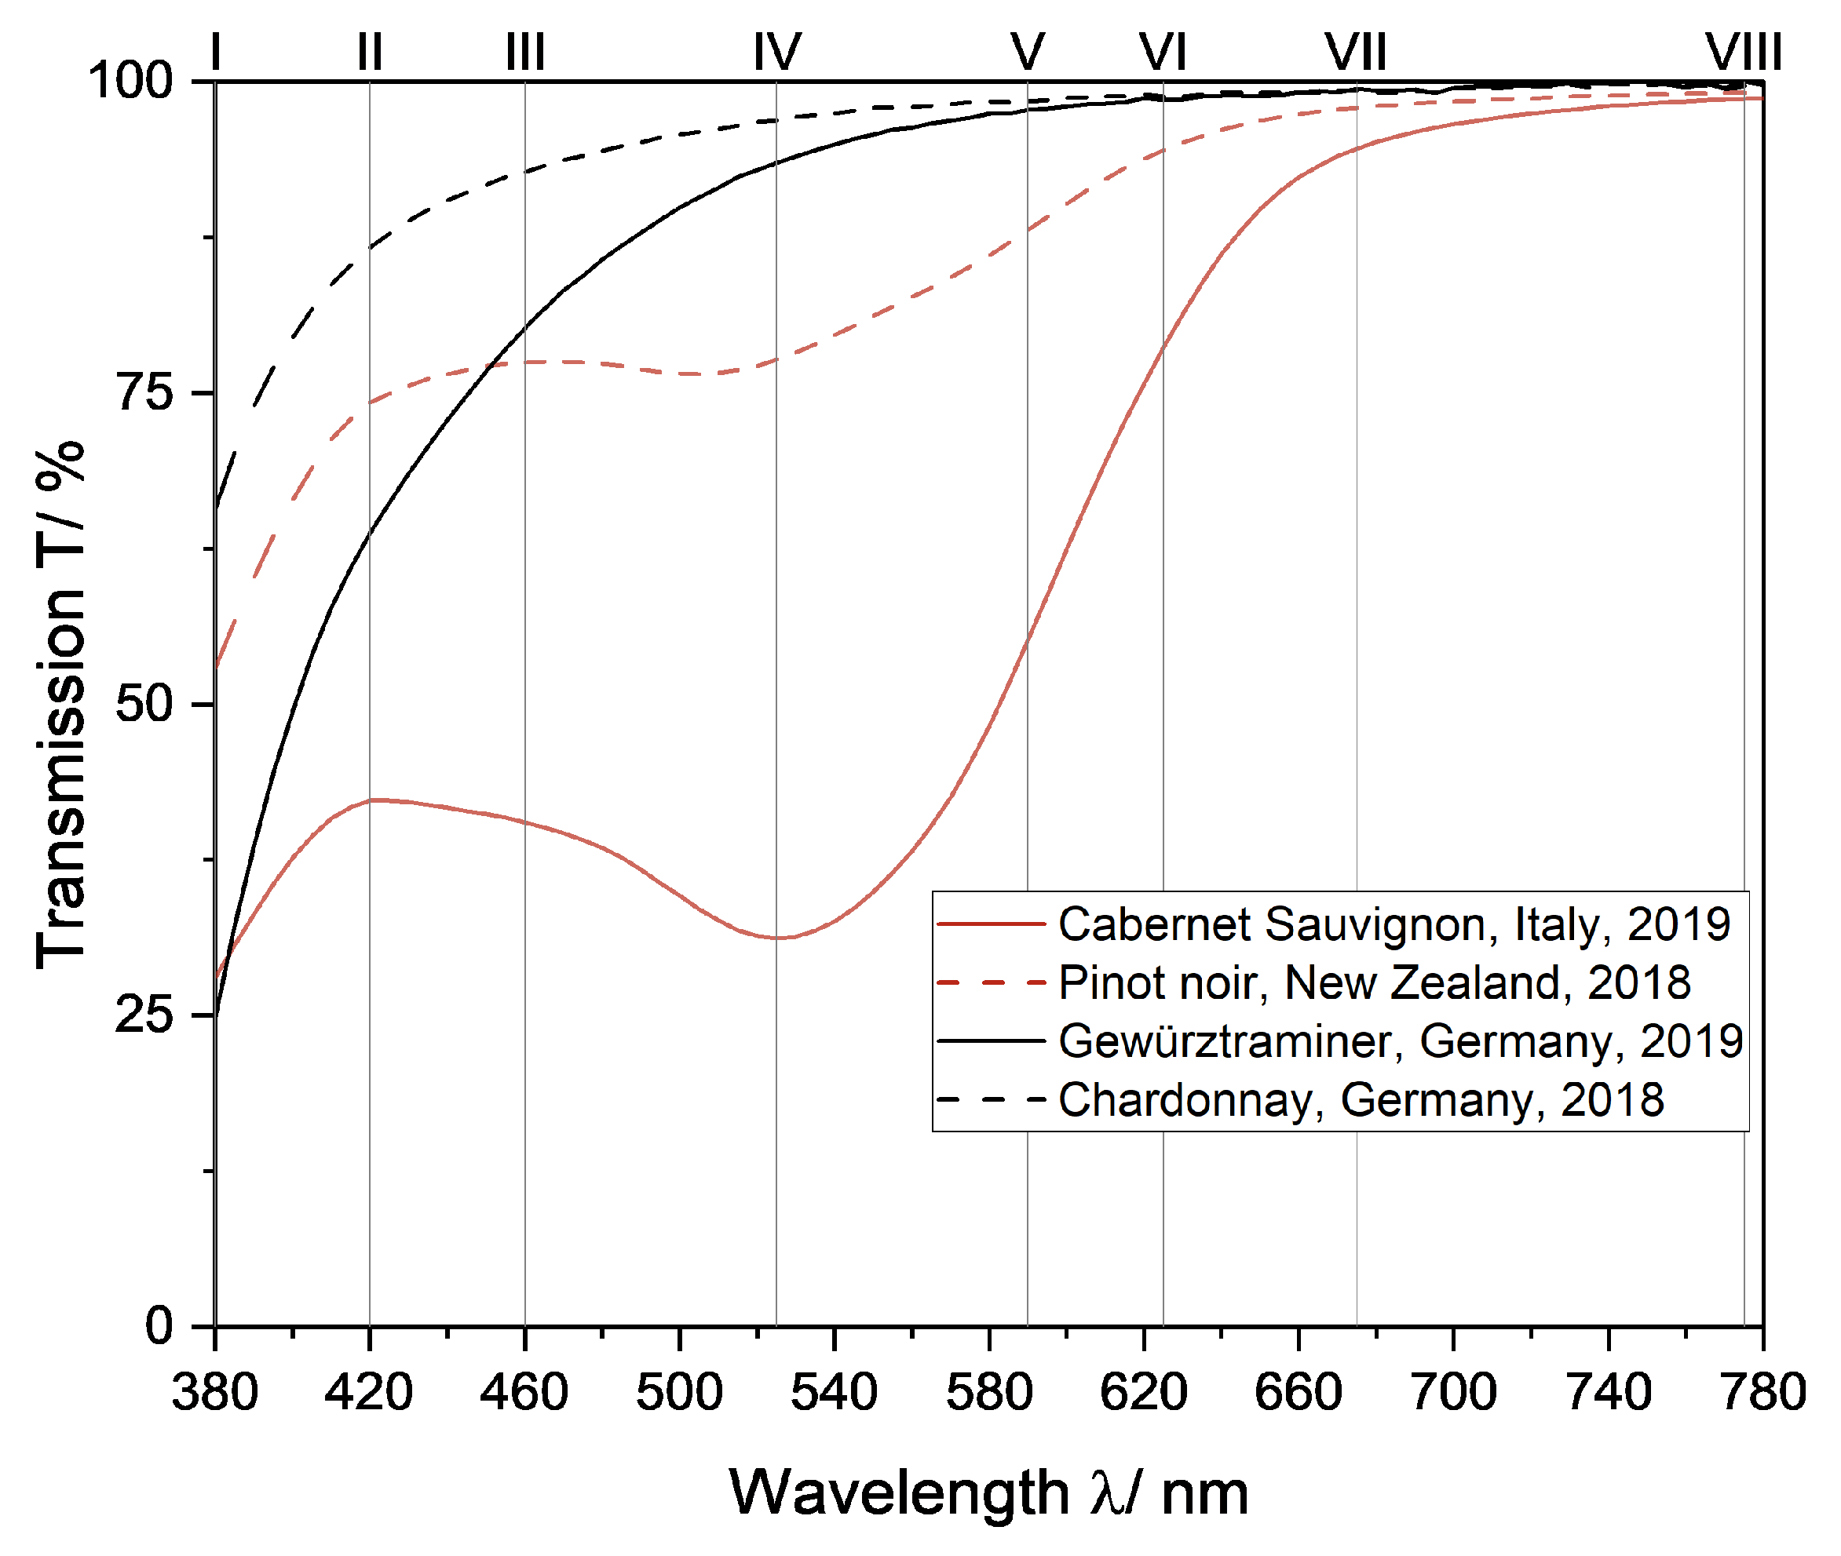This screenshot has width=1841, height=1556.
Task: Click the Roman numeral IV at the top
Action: (x=776, y=52)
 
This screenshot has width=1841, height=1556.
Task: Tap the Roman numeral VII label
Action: (x=1356, y=52)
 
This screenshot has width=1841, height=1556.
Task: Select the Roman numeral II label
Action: (x=370, y=52)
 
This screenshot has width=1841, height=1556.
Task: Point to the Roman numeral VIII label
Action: (x=1743, y=52)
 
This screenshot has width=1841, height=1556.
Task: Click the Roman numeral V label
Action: (x=1028, y=52)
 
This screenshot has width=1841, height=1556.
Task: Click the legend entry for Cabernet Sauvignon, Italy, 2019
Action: (x=1394, y=924)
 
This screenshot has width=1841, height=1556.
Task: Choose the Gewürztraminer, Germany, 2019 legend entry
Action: (x=1400, y=1042)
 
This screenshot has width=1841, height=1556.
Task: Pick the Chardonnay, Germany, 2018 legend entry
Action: (x=1360, y=1100)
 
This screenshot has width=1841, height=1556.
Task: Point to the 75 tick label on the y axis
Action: (x=144, y=392)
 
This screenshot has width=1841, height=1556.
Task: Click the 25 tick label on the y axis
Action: (x=144, y=1015)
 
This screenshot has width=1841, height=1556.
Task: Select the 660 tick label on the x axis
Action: (x=1299, y=1394)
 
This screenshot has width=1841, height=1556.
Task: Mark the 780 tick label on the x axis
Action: (x=1763, y=1394)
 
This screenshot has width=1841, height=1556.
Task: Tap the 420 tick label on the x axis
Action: (x=369, y=1394)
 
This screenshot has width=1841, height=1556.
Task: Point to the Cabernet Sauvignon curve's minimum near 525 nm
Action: (x=777, y=938)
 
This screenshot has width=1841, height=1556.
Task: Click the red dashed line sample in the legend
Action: (x=990, y=982)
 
